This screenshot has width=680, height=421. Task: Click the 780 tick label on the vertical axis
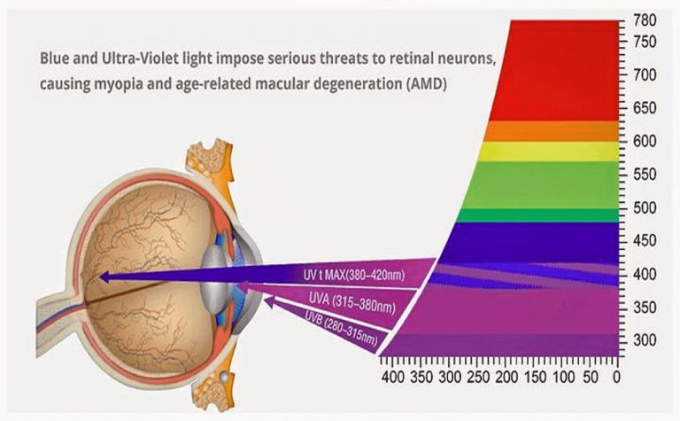click(645, 20)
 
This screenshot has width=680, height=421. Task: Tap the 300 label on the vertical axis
click(645, 341)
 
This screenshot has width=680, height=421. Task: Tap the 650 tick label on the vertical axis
click(645, 109)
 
